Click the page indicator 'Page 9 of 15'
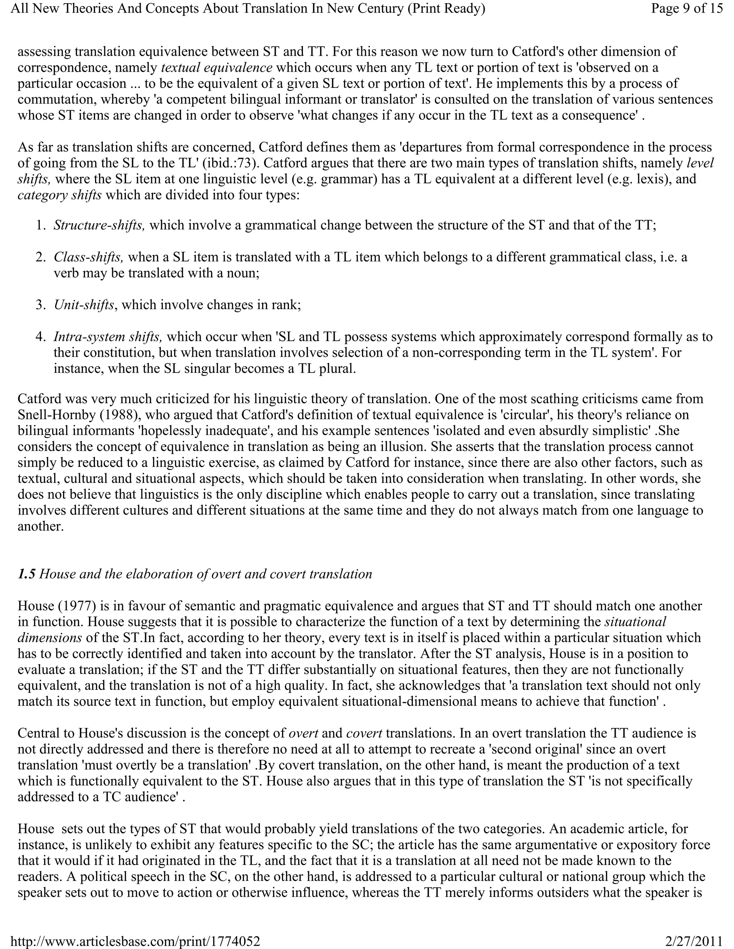pos(687,9)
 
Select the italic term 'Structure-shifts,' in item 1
pos(99,225)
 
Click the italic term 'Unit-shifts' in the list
pos(84,305)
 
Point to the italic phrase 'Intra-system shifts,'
pos(108,336)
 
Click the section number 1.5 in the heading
pos(26,574)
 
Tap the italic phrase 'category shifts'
pos(59,195)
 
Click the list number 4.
pos(40,336)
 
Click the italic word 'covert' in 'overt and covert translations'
pos(364,733)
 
